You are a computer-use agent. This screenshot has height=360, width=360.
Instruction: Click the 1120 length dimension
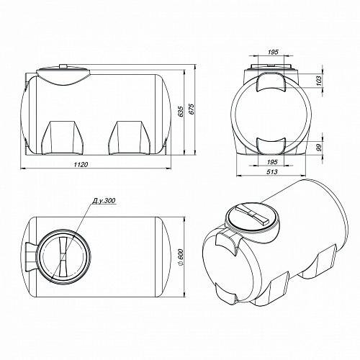click(81, 164)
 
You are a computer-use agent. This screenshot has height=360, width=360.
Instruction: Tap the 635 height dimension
click(181, 112)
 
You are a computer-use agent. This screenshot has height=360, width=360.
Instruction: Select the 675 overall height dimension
click(192, 109)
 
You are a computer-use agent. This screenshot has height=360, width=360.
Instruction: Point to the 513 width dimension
click(272, 171)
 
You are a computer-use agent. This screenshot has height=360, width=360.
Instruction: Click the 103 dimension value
click(318, 81)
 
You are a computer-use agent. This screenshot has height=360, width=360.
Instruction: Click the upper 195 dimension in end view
click(273, 52)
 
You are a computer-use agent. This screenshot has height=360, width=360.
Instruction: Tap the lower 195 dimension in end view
click(272, 162)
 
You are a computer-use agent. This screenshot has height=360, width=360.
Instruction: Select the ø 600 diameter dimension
click(181, 257)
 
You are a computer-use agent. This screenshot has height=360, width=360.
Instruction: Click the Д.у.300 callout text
click(104, 201)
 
